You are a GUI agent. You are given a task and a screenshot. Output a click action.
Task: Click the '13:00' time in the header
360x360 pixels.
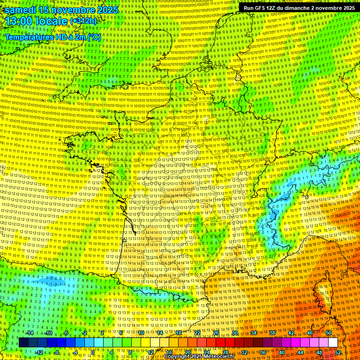pos(19,22)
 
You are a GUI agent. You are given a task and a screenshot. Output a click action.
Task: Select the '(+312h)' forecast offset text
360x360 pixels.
pos(83,21)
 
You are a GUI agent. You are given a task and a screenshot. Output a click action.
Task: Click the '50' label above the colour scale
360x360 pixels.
pos(329,333)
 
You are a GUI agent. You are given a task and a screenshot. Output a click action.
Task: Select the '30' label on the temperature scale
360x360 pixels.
pos(235,333)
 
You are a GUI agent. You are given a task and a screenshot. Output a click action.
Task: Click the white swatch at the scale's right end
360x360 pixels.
pos(333,343)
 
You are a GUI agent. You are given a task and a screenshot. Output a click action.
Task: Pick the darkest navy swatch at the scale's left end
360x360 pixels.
pos(23,343)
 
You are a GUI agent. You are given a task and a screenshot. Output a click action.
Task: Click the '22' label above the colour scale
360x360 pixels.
pos(197,333)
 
